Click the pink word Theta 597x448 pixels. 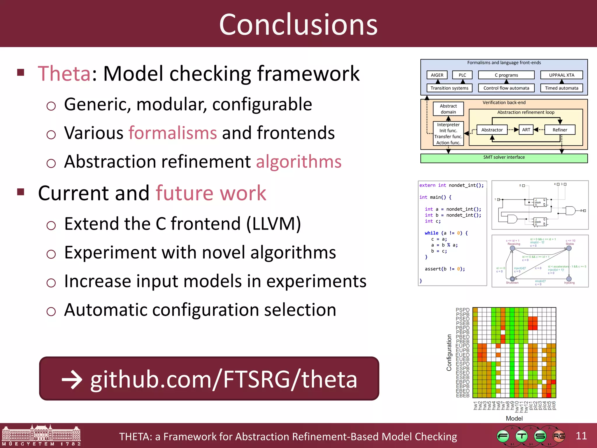[64, 73]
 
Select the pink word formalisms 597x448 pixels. [173, 133]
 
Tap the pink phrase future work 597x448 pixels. [211, 193]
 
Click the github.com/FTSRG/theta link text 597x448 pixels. [224, 379]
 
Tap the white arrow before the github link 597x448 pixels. [72, 380]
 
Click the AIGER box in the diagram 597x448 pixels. [437, 75]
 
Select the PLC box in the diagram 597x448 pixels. [462, 75]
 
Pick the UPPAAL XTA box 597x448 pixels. [561, 75]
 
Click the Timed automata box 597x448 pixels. [561, 88]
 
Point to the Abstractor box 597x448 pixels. [492, 130]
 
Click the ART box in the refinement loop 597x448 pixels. [526, 130]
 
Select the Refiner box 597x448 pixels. [560, 130]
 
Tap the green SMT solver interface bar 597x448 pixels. [504, 157]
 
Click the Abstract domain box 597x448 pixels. [448, 109]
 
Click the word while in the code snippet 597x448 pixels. [431, 233]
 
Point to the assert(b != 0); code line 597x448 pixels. [445, 269]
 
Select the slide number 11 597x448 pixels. [581, 436]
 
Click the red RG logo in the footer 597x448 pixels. [559, 436]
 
